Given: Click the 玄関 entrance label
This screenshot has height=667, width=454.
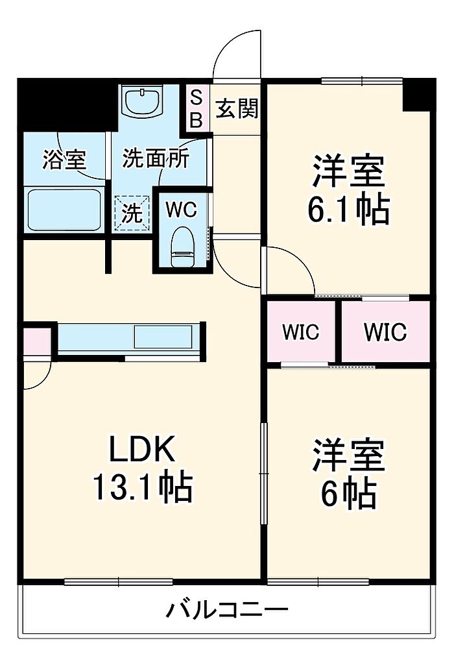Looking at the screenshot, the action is [x=237, y=109].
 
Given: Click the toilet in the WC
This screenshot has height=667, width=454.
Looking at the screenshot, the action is [x=182, y=247].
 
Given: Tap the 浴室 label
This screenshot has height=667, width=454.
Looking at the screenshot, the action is [x=65, y=160].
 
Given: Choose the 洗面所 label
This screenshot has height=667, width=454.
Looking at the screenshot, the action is [x=156, y=159].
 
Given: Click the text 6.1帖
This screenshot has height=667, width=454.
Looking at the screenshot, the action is [x=348, y=210].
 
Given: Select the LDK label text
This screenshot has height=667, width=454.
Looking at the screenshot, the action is [x=142, y=450].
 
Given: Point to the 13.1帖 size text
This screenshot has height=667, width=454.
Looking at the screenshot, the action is [x=143, y=487].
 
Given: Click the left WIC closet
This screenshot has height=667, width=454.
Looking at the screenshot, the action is [x=301, y=332].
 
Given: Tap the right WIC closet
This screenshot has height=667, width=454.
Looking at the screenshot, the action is [x=385, y=332].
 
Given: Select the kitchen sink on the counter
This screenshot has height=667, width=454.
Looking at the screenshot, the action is [x=163, y=337].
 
